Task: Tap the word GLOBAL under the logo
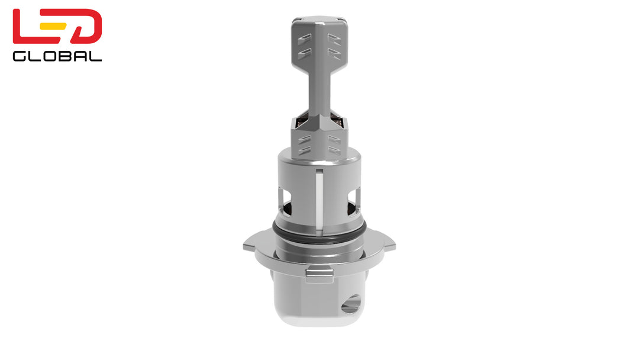click(x=57, y=56)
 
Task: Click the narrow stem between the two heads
click(x=319, y=89)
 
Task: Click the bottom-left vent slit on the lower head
click(x=305, y=152)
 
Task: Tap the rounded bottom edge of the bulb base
click(x=319, y=323)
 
